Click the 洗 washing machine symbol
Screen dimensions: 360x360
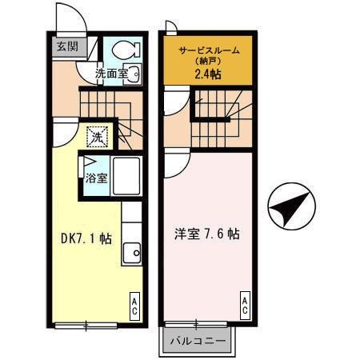(96, 137)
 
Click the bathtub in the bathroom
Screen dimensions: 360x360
(126, 176)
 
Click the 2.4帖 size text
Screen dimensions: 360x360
(209, 75)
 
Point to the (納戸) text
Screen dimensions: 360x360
(208, 63)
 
